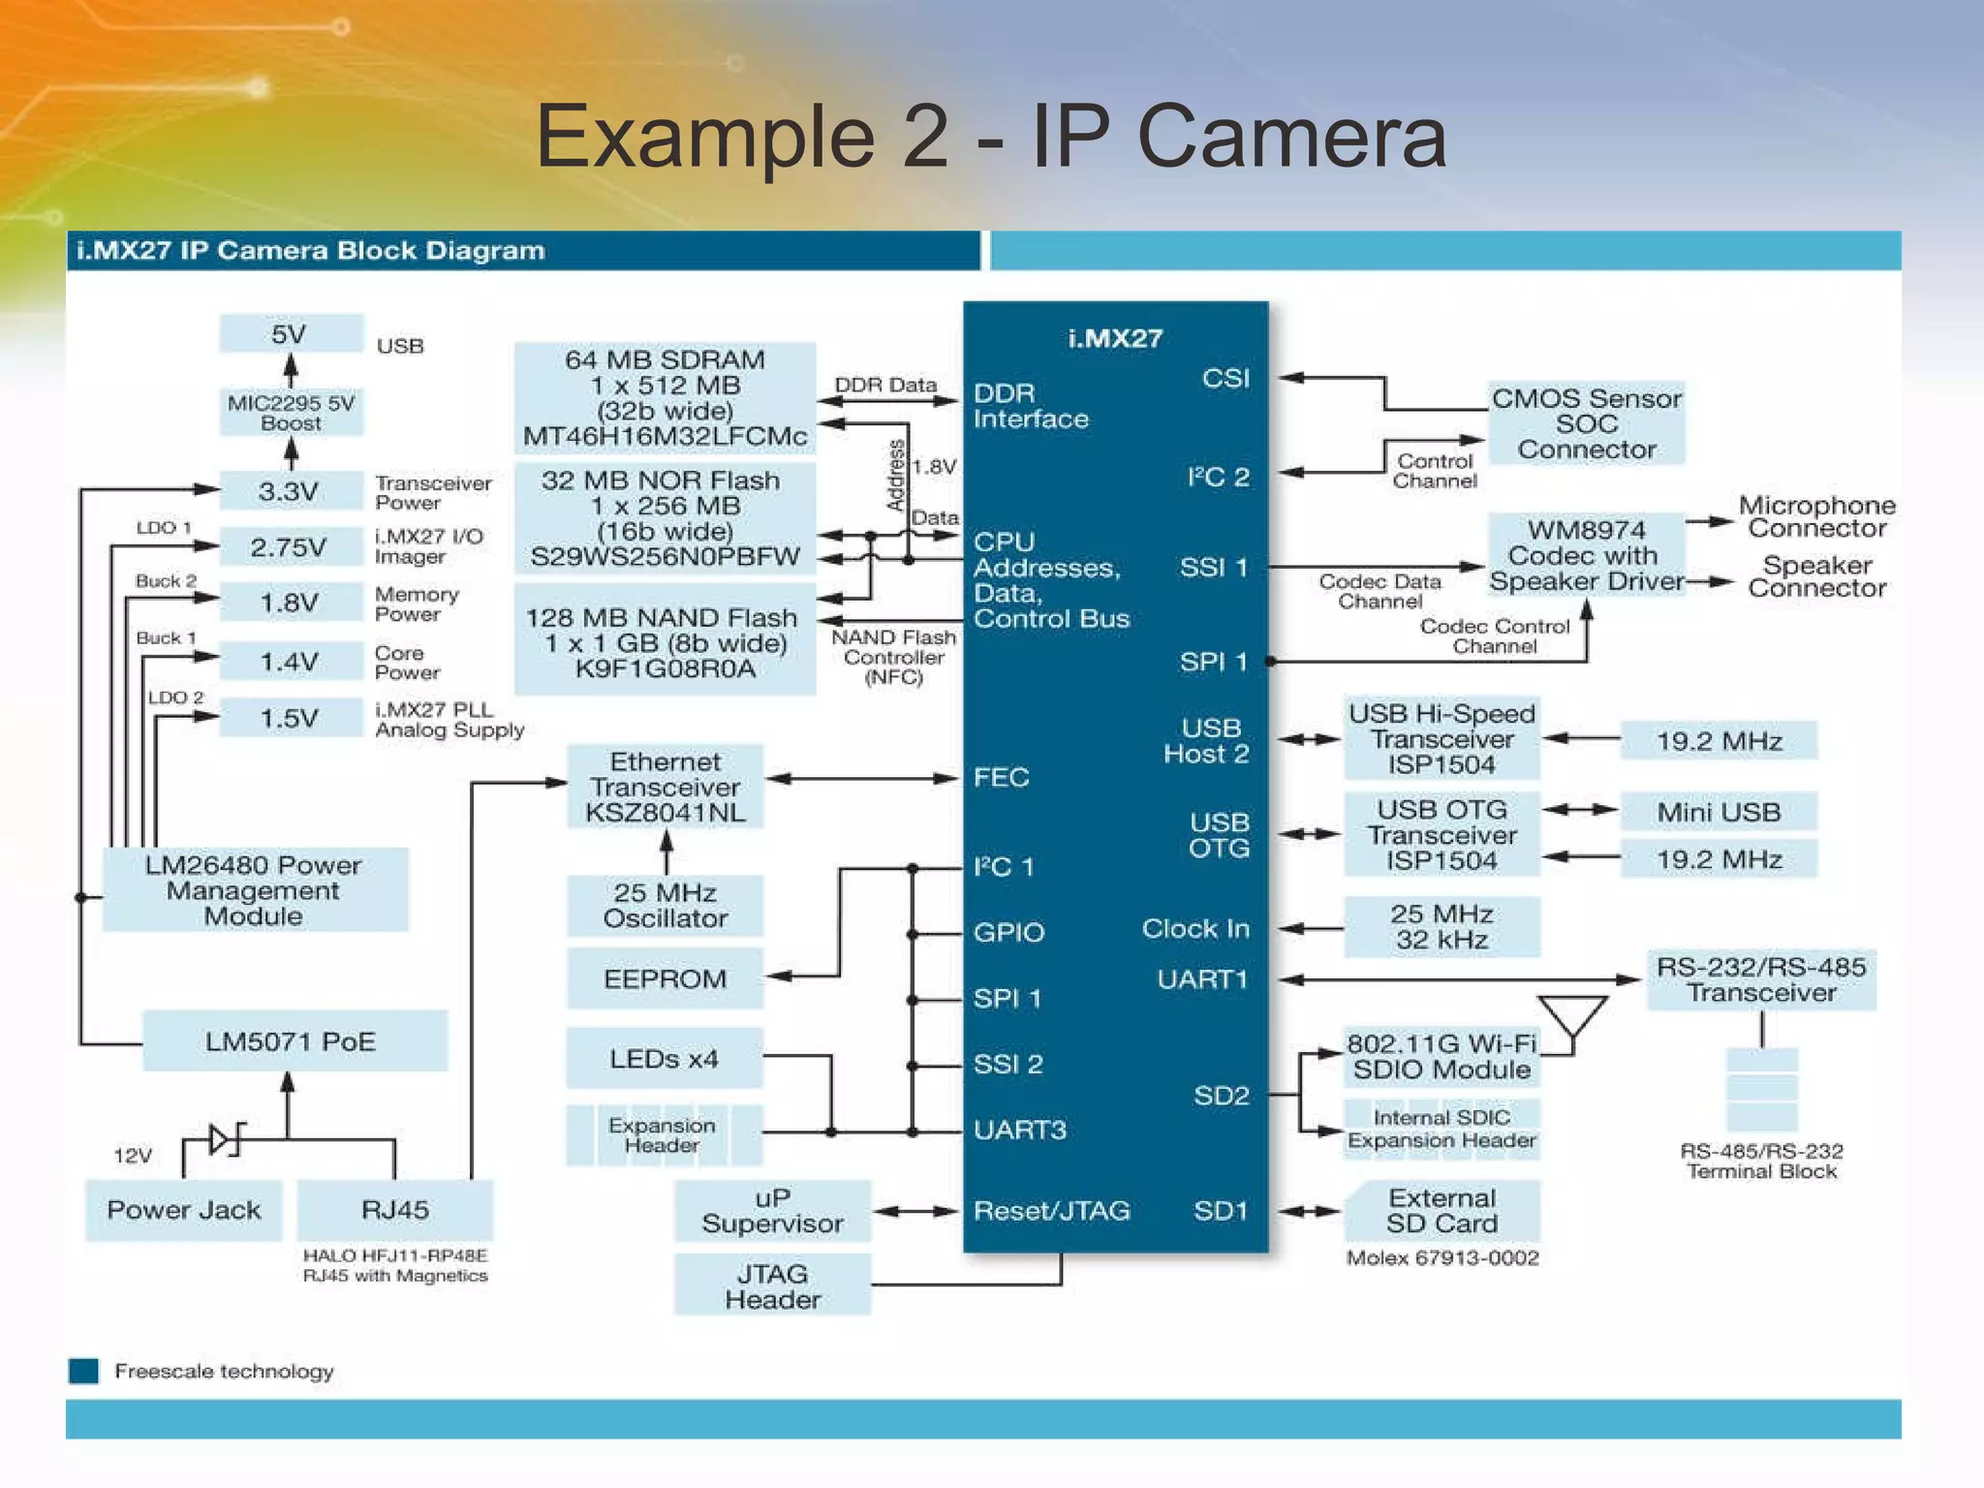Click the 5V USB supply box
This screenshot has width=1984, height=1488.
(291, 334)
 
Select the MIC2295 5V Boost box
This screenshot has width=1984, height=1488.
(291, 413)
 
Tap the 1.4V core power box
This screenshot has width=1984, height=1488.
(291, 662)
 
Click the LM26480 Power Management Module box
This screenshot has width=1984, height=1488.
(254, 890)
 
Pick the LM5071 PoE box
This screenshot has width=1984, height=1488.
(294, 1041)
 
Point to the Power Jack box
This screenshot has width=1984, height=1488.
(183, 1210)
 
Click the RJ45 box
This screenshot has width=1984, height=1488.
(394, 1210)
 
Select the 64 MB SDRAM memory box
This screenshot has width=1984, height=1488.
(665, 398)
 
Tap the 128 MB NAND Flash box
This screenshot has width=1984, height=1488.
(665, 642)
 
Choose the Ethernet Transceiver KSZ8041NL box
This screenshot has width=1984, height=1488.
(665, 787)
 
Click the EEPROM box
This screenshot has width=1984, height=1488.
(665, 978)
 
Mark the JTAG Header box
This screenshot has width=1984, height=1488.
(772, 1286)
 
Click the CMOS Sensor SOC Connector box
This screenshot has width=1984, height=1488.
(1586, 423)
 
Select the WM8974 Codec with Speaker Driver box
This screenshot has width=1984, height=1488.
(1586, 555)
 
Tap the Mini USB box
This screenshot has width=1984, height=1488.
(1718, 812)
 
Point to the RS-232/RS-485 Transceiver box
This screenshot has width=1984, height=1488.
(1760, 979)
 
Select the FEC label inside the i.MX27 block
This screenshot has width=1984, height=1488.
(1001, 777)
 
